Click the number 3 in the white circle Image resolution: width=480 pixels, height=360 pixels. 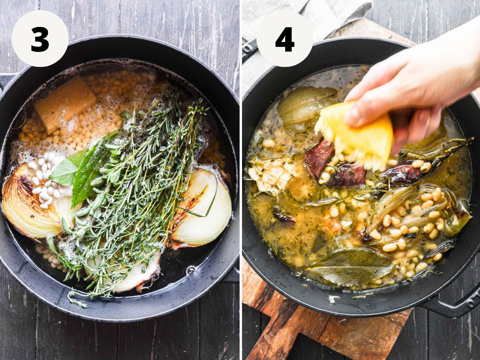40,40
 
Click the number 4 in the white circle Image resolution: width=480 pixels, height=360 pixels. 284,40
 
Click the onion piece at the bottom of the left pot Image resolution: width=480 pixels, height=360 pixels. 131,273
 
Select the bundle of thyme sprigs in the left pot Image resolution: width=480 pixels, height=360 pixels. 136,192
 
